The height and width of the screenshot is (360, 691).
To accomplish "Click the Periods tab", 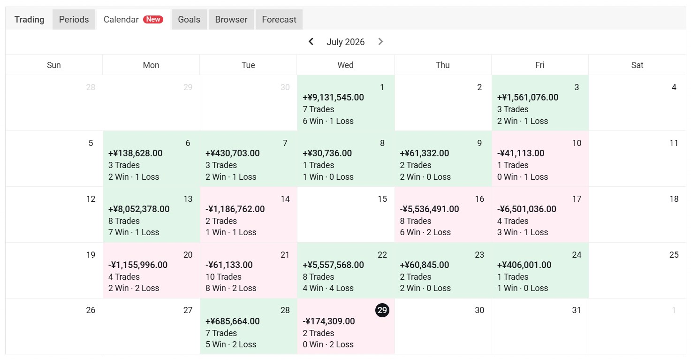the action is tap(74, 19).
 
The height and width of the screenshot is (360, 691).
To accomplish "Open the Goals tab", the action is tap(189, 19).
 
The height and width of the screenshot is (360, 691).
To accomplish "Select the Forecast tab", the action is tap(279, 19).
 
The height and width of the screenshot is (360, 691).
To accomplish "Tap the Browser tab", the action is tap(231, 19).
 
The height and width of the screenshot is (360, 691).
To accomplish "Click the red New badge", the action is tap(153, 19).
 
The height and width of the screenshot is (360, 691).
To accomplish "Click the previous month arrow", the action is tap(311, 42).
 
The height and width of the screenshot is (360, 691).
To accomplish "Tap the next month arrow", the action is tap(380, 42).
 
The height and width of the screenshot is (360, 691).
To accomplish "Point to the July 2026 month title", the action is tap(345, 42).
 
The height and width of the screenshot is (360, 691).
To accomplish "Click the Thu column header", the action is tap(443, 65).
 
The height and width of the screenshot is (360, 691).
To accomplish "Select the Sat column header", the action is tap(637, 65).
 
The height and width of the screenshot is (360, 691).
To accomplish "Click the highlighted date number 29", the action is tap(382, 310).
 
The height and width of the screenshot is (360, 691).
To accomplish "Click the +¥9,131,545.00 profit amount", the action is tap(333, 98).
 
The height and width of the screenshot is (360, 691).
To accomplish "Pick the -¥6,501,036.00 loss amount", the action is tap(527, 209).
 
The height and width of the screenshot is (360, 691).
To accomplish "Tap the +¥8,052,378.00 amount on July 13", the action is tap(139, 209).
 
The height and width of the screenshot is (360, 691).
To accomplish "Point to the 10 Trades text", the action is tap(223, 276).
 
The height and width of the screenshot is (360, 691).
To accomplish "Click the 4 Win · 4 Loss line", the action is tap(328, 288).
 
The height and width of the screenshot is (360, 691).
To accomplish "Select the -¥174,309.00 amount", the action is tap(328, 321).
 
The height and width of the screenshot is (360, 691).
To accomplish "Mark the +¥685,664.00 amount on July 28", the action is tap(233, 321).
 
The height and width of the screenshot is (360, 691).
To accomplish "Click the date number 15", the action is tap(382, 199).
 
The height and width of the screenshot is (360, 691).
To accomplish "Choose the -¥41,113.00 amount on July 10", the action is tap(521, 153).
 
